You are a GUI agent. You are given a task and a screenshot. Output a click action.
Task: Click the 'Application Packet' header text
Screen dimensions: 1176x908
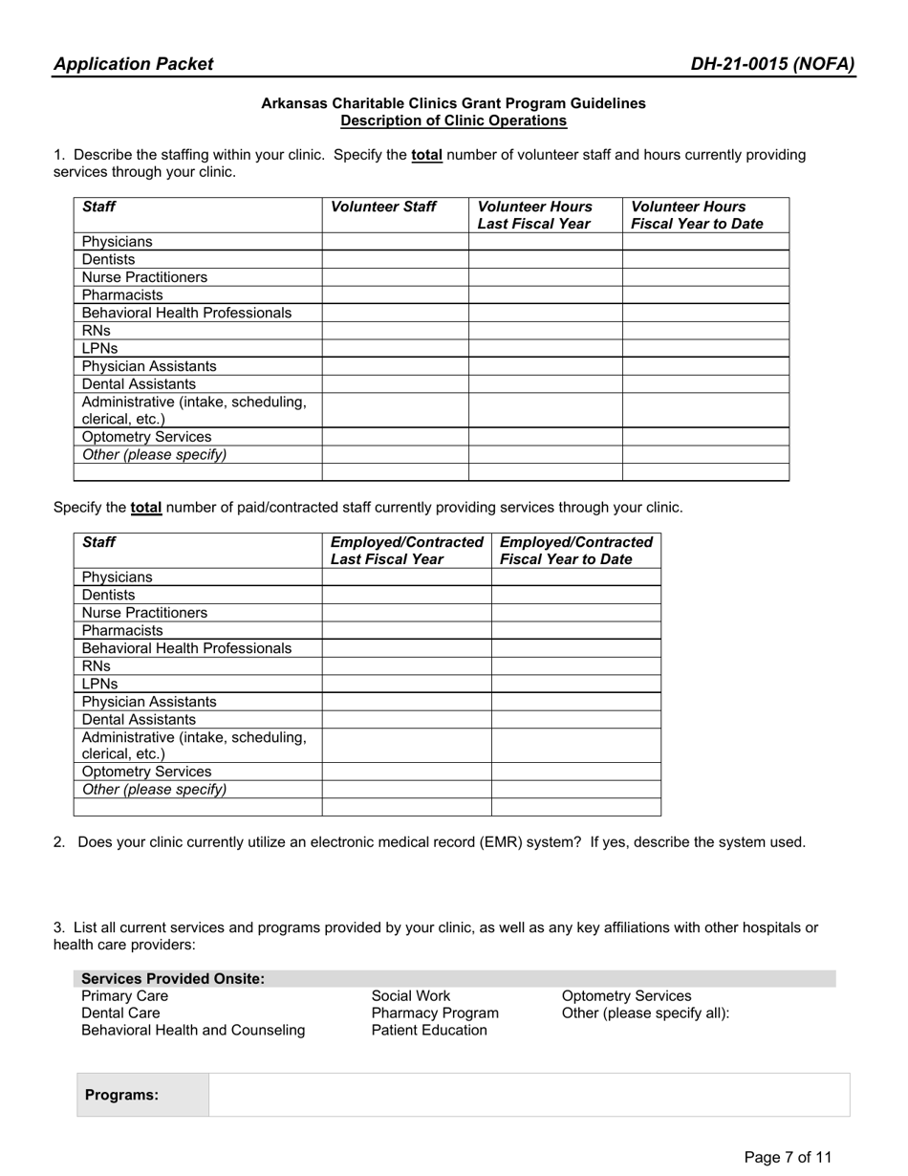134,64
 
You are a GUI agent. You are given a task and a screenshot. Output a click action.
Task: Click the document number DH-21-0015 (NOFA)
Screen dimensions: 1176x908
772,64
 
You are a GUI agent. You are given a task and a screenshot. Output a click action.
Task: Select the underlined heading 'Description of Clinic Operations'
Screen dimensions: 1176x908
453,120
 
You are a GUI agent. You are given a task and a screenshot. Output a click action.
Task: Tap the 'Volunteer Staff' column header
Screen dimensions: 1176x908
383,207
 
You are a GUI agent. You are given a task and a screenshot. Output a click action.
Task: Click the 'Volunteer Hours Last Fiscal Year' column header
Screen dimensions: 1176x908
535,215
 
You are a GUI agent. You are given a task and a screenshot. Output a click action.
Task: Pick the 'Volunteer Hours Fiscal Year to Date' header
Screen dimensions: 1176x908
697,215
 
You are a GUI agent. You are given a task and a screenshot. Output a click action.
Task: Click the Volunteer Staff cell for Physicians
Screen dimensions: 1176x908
395,242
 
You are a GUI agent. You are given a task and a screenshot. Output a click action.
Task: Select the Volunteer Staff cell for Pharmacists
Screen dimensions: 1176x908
395,295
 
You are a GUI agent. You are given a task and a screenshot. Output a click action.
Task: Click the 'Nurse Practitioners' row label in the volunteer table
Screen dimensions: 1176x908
144,277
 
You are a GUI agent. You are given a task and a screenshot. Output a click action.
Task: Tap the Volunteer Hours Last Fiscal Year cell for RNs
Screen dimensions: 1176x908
545,331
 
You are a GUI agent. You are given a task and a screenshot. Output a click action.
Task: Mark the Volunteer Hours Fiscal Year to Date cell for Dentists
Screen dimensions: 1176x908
705,260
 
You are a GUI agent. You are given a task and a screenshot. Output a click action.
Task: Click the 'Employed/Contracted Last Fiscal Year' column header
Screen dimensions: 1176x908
406,551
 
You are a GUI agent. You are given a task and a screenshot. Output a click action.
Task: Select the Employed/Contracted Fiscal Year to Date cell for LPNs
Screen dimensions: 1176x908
575,685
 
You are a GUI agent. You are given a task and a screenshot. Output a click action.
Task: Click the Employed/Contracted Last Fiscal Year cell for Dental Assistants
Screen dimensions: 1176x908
406,720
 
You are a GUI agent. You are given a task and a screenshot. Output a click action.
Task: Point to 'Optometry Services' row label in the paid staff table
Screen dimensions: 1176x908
147,772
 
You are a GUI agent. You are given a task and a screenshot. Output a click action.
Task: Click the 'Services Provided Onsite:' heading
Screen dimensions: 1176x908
173,979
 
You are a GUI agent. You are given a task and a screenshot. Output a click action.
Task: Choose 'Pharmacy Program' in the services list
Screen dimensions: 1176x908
435,1013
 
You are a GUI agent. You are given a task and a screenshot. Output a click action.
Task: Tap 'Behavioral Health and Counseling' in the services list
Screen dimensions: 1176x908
194,1031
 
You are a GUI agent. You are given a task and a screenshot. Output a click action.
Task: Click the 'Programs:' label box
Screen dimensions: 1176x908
122,1096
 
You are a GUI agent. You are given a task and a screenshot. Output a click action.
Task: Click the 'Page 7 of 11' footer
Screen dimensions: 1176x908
788,1158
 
